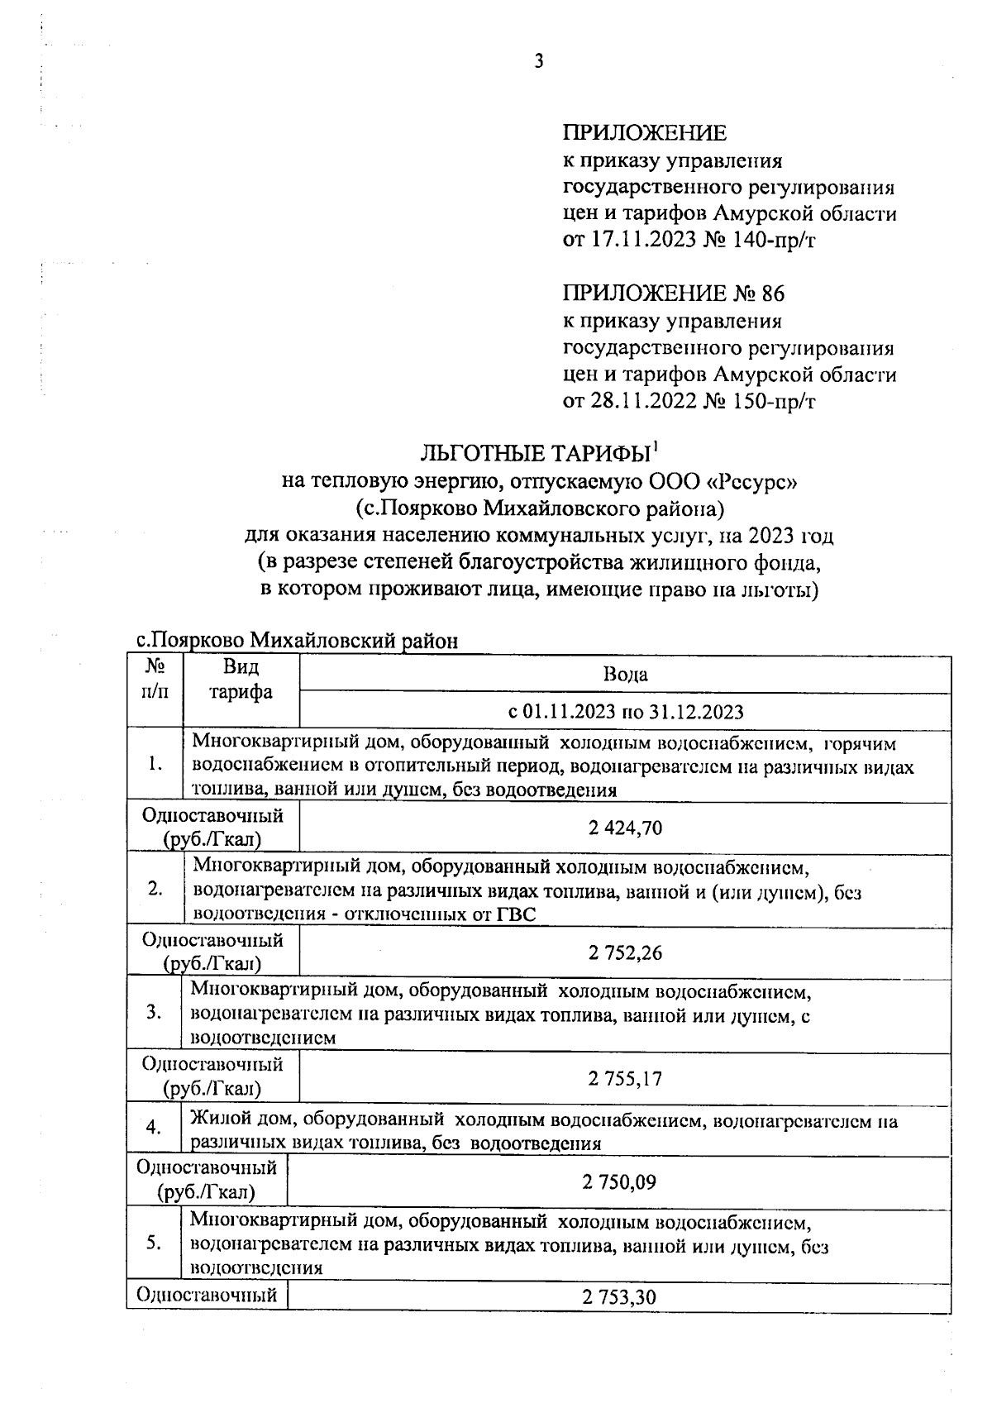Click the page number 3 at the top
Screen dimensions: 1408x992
pos(539,61)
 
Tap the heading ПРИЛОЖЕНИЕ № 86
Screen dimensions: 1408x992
pos(673,294)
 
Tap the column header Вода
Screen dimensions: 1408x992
pos(625,675)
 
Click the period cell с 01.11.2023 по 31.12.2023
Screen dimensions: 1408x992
pos(625,712)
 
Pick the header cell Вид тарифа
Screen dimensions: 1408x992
pos(241,679)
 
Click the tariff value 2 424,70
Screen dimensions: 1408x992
pos(625,828)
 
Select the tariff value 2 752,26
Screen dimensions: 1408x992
pos(625,953)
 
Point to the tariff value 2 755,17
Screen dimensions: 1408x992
pos(625,1078)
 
